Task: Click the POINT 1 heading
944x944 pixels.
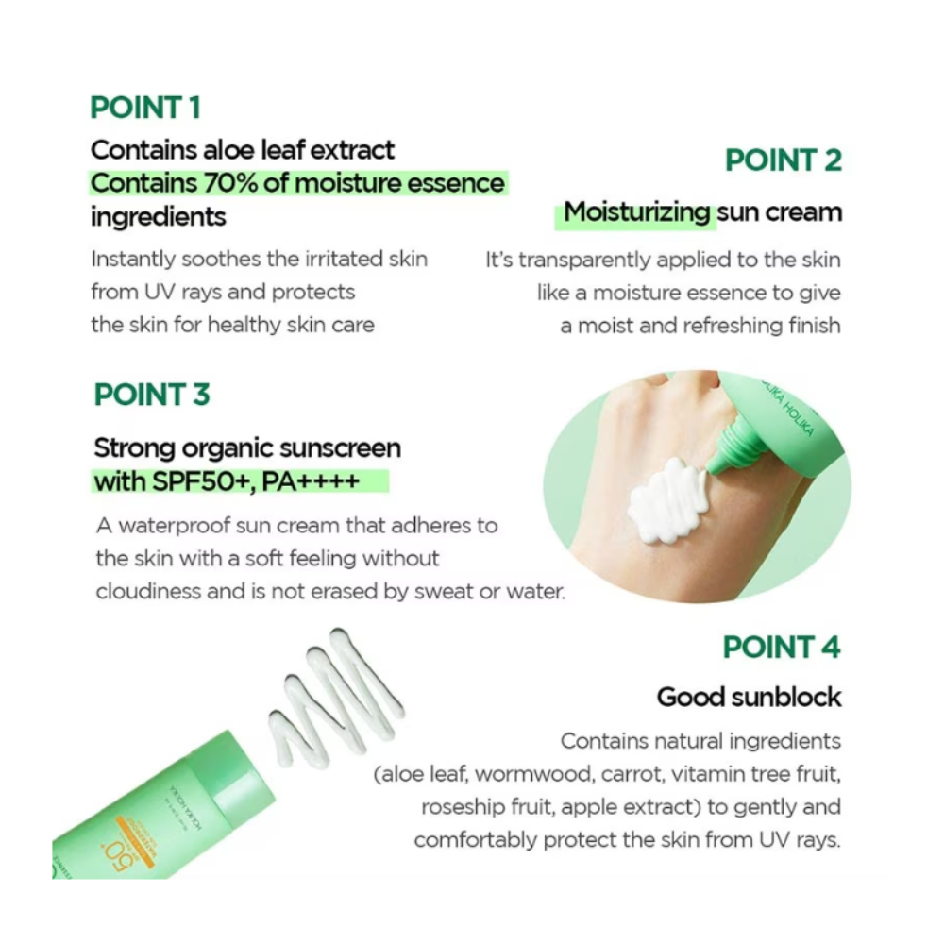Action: tap(145, 108)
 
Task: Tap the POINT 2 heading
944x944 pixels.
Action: tap(784, 160)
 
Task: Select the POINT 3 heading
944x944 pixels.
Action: tap(152, 395)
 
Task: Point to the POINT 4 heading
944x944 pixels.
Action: tap(782, 648)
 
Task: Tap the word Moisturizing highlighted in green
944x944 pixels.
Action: tap(637, 212)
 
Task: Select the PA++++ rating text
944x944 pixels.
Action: tap(312, 481)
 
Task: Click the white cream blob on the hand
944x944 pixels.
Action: tap(666, 499)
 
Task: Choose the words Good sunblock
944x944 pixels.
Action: tap(749, 698)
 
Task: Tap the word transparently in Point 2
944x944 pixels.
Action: tap(584, 261)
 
